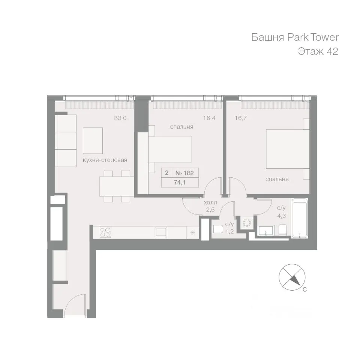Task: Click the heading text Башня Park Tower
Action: click(295, 37)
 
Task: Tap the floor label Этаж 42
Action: click(318, 51)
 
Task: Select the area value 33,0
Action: click(120, 118)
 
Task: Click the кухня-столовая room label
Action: click(105, 160)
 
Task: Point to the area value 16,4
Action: click(209, 118)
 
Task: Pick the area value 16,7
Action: click(241, 118)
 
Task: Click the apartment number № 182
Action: click(184, 173)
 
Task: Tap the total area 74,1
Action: click(180, 183)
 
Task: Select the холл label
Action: click(210, 203)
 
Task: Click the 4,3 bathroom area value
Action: click(281, 216)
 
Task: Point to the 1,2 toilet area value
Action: click(229, 231)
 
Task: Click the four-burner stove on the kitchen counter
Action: click(105, 232)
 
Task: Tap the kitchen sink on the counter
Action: click(161, 232)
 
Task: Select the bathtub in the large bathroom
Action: click(300, 218)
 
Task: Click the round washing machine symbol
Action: click(247, 223)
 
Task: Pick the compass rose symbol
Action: click(292, 277)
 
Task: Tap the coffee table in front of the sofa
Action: click(93, 141)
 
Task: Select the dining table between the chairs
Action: click(117, 186)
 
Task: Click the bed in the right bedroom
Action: click(288, 149)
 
